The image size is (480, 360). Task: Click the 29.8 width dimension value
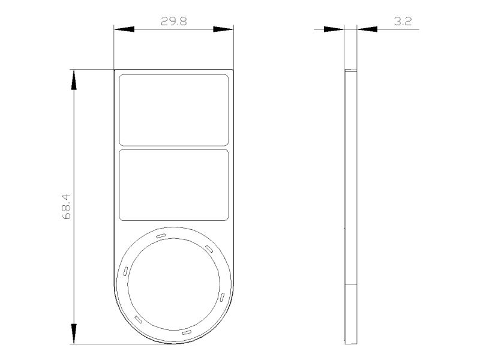[173, 21]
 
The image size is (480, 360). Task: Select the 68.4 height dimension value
[66, 206]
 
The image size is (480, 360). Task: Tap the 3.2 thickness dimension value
[403, 21]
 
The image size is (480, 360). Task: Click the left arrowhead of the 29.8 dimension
[124, 29]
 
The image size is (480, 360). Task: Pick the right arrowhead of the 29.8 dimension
[223, 29]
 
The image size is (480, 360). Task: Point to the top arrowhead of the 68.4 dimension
[74, 80]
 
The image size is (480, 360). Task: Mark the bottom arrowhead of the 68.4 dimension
[74, 334]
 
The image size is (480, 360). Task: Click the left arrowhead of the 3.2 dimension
[334, 29]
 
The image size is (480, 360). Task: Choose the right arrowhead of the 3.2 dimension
[367, 29]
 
